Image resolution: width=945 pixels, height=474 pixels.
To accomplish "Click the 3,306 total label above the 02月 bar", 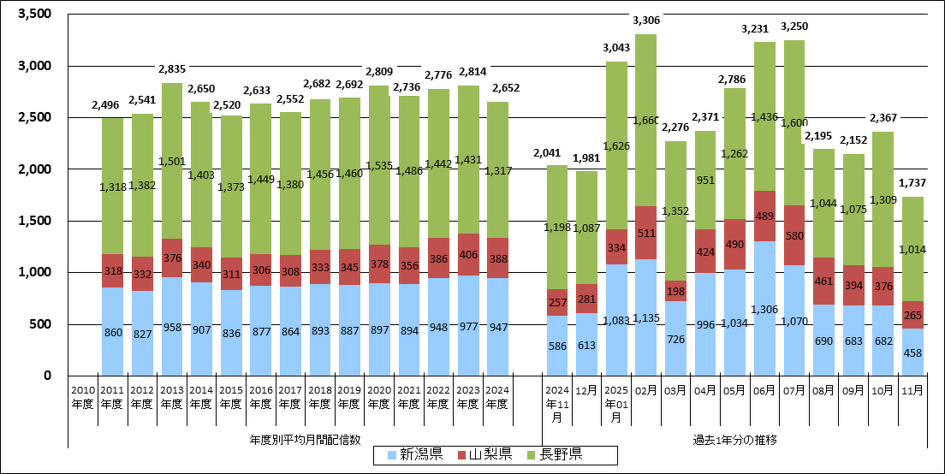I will click(x=645, y=21).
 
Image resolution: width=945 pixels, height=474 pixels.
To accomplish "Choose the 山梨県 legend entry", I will click(x=484, y=453).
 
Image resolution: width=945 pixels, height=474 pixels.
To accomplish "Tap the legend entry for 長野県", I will click(x=556, y=453).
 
